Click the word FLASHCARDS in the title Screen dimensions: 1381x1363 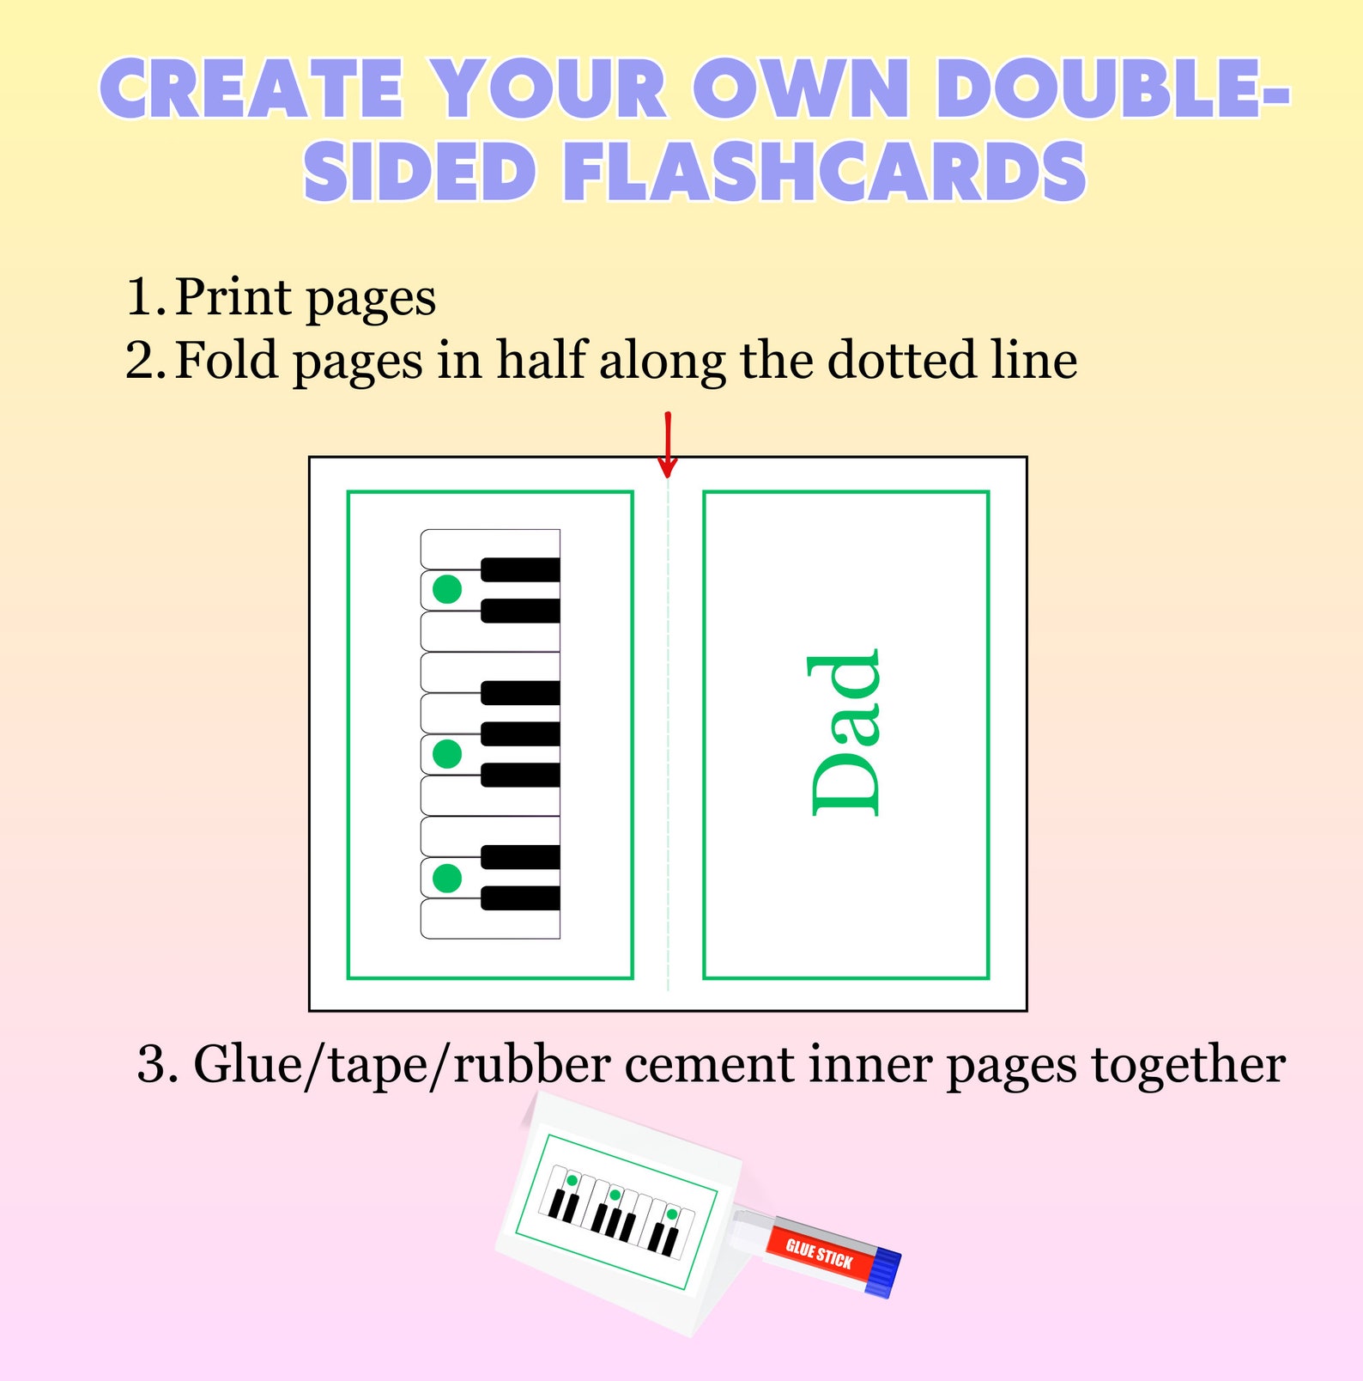(825, 171)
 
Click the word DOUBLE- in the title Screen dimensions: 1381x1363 (1112, 89)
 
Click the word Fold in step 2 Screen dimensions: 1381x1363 (227, 360)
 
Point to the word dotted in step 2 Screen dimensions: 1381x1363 (902, 360)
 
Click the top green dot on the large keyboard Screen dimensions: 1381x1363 (447, 589)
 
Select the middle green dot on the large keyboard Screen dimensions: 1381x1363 (447, 754)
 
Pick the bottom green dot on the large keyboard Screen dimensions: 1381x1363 (447, 878)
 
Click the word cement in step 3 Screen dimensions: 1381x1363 (709, 1066)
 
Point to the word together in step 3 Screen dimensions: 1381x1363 (1188, 1066)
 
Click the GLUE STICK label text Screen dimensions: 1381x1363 (819, 1255)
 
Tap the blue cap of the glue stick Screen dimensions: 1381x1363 (883, 1273)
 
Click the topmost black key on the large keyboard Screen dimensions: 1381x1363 (520, 569)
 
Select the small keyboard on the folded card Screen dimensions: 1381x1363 (616, 1212)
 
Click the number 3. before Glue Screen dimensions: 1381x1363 (158, 1066)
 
